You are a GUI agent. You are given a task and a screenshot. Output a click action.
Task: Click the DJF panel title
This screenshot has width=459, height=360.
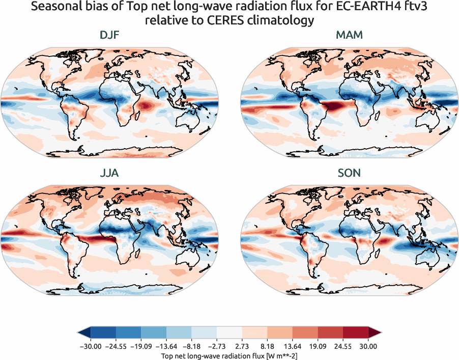point(109,35)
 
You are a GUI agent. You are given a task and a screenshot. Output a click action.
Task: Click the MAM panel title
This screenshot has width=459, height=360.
point(349,35)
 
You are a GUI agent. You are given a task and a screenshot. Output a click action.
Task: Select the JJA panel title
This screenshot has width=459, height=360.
point(109,173)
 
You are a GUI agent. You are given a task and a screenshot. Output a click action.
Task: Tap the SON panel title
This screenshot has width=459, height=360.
point(349,173)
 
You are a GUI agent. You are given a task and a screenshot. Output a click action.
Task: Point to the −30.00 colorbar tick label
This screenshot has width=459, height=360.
point(91,346)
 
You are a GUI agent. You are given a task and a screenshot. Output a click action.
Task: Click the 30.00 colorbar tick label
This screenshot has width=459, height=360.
point(368,346)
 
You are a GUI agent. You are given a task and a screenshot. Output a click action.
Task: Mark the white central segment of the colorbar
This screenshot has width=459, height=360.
point(230,333)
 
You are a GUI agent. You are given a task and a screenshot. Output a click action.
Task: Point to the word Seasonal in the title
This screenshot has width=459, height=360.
point(53,7)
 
